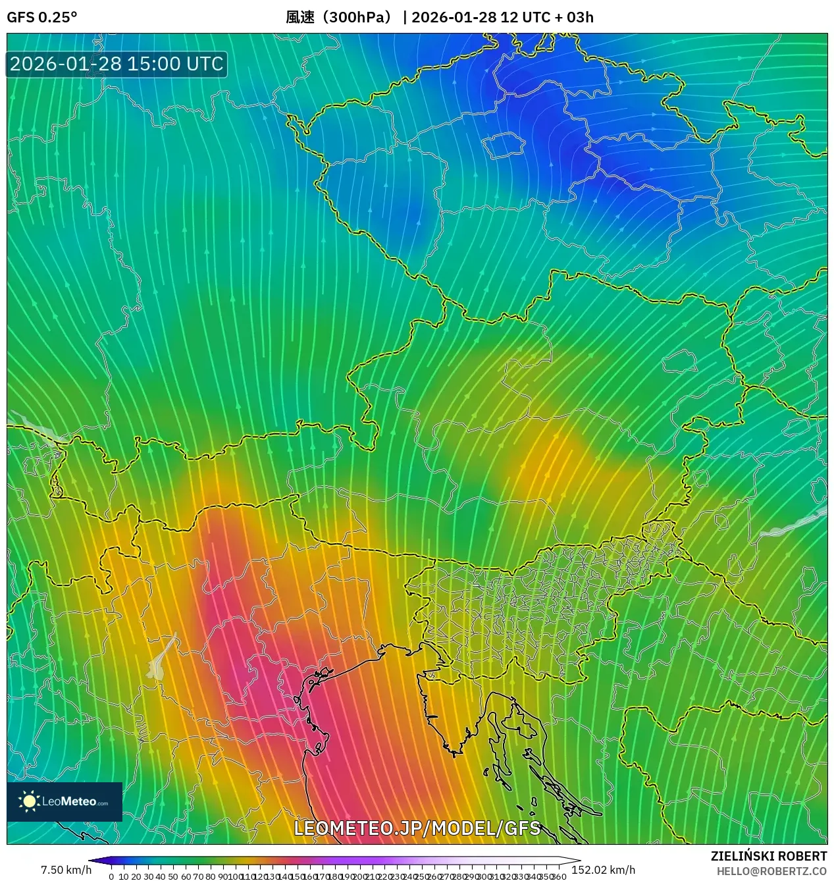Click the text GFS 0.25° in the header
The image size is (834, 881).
[x=41, y=17]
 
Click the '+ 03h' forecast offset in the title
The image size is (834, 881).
[x=574, y=17]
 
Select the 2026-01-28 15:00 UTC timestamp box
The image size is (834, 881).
[x=117, y=64]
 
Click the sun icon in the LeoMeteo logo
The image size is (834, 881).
[x=29, y=801]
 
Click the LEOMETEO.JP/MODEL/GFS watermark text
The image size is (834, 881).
[x=417, y=828]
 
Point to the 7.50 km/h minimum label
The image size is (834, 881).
[x=66, y=870]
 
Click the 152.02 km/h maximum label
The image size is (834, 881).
[x=603, y=870]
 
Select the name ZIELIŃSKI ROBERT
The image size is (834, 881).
[x=768, y=856]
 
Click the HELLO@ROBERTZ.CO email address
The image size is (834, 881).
[x=771, y=870]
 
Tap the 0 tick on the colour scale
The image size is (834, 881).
[x=111, y=876]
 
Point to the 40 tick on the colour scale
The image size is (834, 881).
[x=160, y=876]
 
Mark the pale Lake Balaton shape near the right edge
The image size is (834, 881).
[x=793, y=523]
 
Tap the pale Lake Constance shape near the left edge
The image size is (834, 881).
[x=33, y=428]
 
